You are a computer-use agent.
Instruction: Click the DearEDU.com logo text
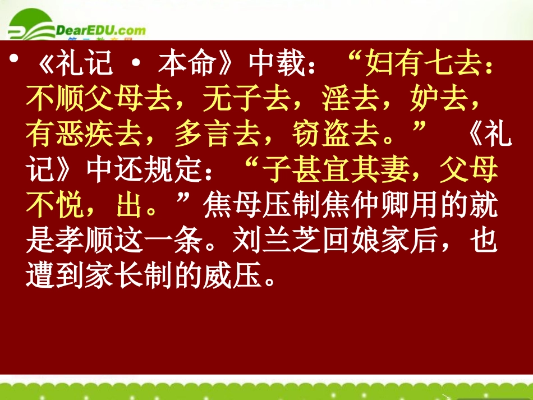click(101, 30)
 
